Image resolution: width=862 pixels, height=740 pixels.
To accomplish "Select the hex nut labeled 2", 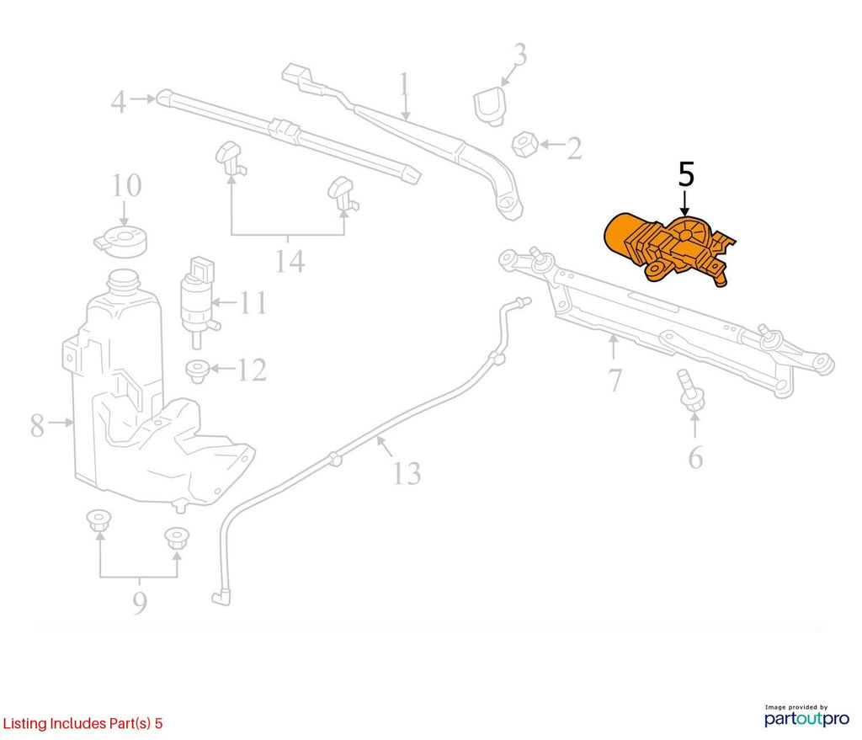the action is point(524,145).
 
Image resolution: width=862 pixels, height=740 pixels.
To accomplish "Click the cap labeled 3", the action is point(489,105).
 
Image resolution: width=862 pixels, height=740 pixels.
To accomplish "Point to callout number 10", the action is point(126,185).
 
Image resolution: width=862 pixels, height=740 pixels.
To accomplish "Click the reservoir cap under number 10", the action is point(121,242).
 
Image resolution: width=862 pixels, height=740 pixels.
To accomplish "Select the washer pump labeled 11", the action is point(197,301).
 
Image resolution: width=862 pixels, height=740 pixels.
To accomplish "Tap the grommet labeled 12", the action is point(197,371).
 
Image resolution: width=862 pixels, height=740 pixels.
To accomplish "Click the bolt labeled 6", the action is point(692,390).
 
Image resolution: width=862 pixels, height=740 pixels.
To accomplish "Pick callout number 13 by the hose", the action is point(407,473).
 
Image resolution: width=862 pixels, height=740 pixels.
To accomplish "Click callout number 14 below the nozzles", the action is point(290,261).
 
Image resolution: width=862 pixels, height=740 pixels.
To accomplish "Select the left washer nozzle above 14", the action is point(231,157).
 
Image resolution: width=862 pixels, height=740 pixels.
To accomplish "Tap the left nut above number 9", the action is point(99,520).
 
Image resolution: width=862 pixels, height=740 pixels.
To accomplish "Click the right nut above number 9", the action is point(177,538).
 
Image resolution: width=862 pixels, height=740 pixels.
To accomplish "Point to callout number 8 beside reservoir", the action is point(37,425).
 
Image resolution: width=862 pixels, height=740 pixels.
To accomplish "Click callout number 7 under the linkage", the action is point(615,380).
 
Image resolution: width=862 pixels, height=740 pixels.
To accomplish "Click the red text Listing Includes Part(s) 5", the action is point(83,723).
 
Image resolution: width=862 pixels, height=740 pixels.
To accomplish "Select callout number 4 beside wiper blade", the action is point(119,102).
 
